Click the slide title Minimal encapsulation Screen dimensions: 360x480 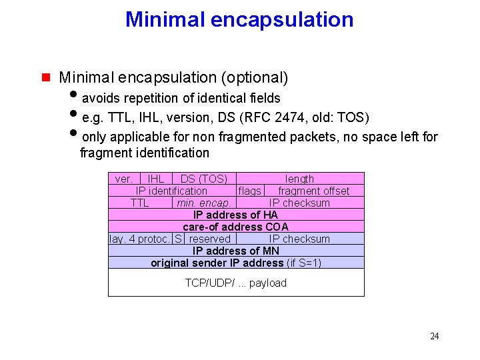click(x=239, y=19)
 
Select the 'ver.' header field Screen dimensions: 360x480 click(x=124, y=179)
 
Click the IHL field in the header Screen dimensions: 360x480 click(x=156, y=179)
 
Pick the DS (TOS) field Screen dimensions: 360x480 click(x=203, y=179)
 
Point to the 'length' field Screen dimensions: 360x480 click(x=299, y=179)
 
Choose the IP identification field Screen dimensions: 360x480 click(x=171, y=191)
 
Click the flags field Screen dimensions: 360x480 click(x=250, y=191)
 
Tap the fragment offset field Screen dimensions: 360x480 click(x=313, y=191)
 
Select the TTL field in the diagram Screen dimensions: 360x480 click(x=140, y=203)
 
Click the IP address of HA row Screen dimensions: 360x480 click(x=236, y=215)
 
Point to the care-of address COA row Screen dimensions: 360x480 click(x=236, y=227)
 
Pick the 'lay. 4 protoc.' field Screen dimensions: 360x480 click(x=140, y=239)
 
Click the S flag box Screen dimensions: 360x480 click(x=178, y=239)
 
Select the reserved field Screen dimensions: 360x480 click(x=209, y=239)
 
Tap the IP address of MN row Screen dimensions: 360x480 click(x=236, y=251)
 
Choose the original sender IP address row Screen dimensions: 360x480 click(x=236, y=263)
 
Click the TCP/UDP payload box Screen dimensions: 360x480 click(x=236, y=283)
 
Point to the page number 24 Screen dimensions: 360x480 click(x=434, y=336)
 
